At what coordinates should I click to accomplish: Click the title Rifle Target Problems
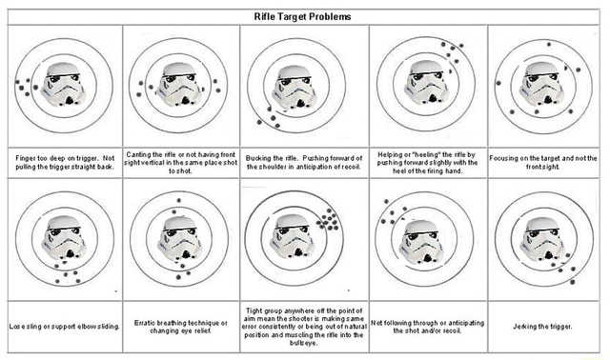click(x=302, y=16)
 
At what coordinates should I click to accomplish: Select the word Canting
click(x=142, y=154)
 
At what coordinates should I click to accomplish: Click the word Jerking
click(x=527, y=327)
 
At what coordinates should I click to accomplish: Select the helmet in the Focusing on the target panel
click(x=543, y=82)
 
